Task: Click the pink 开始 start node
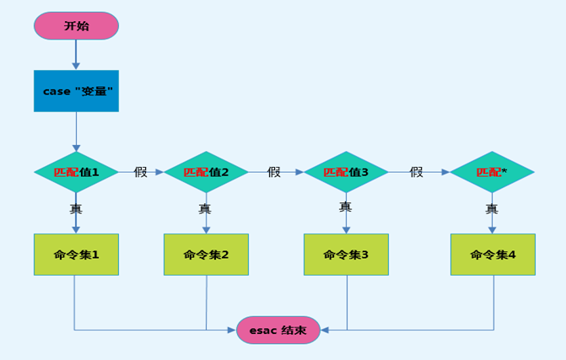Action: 76,25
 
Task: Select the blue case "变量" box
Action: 76,90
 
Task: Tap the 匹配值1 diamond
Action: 76,172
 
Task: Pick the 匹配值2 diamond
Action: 206,172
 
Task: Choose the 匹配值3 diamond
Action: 346,172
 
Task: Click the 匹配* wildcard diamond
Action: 492,172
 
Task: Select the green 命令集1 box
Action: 76,254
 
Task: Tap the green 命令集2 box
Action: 206,254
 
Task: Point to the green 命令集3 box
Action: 346,254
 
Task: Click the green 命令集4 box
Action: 493,254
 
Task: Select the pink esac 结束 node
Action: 278,330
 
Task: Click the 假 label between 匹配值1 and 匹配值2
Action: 140,172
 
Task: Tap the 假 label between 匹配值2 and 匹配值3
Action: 274,172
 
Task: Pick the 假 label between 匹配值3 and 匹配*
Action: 417,172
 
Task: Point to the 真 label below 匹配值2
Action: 205,208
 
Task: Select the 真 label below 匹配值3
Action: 345,207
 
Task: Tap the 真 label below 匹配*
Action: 492,208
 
